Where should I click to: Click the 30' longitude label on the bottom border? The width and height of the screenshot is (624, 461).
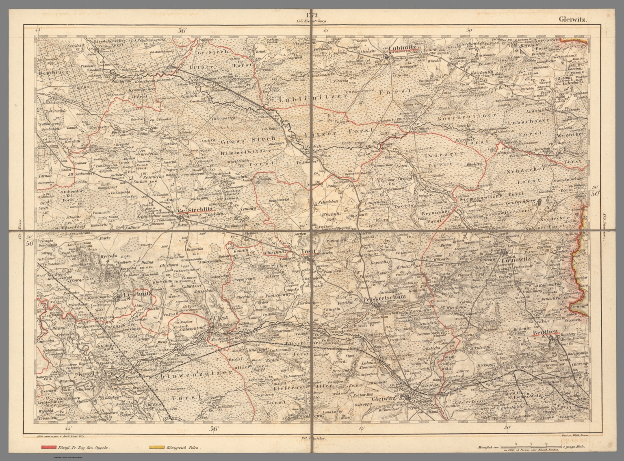(506, 428)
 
